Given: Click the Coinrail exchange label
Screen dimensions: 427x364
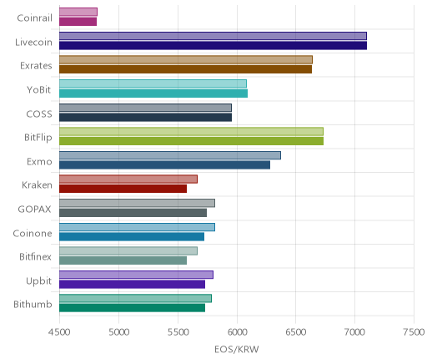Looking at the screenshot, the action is tap(34, 18).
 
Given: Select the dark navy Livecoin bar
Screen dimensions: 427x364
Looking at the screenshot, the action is tap(213, 45).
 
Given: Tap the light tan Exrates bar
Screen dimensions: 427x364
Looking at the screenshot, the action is tap(186, 60).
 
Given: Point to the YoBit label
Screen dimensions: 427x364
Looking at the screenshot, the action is tap(38, 90).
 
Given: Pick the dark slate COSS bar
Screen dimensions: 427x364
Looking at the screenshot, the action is tap(145, 117).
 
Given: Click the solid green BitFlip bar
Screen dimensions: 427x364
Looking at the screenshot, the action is tap(191, 141).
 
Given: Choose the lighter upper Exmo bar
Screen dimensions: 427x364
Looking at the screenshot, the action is tap(170, 155).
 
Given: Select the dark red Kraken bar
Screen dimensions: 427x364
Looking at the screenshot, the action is tap(123, 189).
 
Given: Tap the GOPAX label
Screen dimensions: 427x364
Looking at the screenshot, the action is tap(34, 209).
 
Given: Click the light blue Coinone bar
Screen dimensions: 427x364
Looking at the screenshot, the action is tap(137, 227).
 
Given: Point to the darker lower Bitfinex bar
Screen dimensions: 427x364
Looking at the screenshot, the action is tap(123, 260).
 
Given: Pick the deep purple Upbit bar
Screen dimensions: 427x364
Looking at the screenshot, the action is tap(132, 284).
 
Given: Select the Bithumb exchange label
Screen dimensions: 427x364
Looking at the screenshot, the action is tap(33, 304).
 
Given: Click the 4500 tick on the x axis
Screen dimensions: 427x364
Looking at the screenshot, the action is tap(59, 332).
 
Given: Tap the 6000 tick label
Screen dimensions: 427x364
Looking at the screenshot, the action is tap(237, 332).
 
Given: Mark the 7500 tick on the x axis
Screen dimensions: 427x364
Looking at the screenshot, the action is tap(414, 332).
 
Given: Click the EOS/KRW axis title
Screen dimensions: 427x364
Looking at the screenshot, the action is tap(237, 349).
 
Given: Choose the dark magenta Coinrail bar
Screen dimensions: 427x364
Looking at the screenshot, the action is tap(78, 22).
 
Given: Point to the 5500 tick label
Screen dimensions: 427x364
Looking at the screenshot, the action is tap(178, 332).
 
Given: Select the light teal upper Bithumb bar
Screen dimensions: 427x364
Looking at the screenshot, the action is tap(135, 298).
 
